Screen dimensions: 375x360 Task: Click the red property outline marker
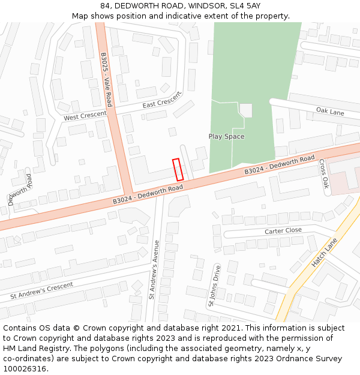point(178,169)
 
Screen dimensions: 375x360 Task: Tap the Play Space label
point(226,136)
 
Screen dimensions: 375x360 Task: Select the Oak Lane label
point(330,112)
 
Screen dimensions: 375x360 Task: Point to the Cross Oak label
point(323,174)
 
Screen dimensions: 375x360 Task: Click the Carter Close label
point(283,231)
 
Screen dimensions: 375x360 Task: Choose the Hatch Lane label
point(325,253)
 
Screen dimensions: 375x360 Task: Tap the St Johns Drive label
point(214,287)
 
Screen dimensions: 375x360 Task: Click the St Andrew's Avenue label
point(154,269)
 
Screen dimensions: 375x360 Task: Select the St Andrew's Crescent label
point(41,292)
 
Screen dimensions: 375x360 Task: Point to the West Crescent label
point(85,115)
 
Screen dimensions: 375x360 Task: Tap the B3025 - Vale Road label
point(106,79)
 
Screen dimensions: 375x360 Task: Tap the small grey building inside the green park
point(245,110)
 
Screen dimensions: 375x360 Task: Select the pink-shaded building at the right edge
point(346,177)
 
